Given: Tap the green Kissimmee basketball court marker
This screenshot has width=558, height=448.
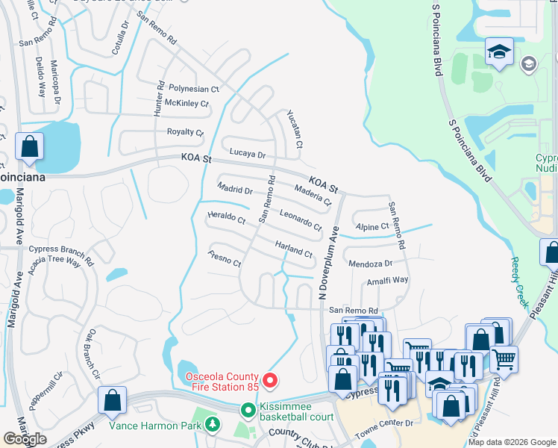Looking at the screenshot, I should [x=247, y=410].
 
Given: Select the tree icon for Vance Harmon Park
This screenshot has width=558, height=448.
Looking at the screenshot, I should [x=213, y=425].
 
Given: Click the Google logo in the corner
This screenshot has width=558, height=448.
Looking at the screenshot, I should [x=25, y=439].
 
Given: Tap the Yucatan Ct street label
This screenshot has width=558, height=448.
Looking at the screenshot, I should [x=295, y=128].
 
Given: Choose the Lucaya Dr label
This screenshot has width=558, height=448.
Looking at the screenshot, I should [x=247, y=154].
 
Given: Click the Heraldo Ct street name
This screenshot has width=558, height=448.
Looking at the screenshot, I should [x=226, y=219].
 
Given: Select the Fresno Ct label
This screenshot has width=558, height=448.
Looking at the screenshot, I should [x=225, y=259].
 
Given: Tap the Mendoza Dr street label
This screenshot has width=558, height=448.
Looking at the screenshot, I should [x=370, y=264].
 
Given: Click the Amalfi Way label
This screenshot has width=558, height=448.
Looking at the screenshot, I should [x=387, y=280].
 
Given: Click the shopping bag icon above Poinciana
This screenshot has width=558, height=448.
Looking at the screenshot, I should [x=30, y=148].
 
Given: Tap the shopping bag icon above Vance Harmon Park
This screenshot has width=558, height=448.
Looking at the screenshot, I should [x=112, y=401].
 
